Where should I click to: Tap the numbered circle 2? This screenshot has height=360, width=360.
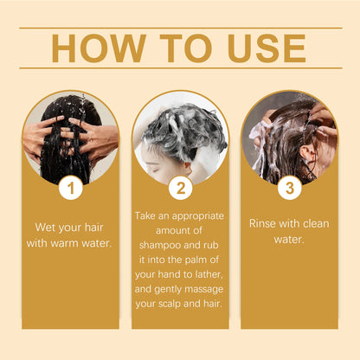click(180, 185)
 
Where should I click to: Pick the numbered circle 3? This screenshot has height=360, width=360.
click(287, 185)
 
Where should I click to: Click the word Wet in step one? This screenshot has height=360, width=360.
click(46, 228)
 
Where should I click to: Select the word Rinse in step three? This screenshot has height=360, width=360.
click(264, 222)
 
